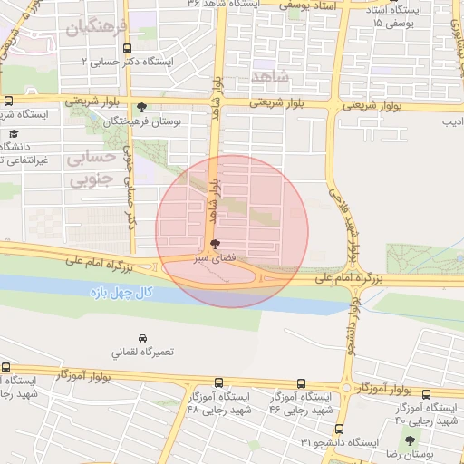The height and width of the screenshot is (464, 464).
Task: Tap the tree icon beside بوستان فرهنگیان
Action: tap(141, 106)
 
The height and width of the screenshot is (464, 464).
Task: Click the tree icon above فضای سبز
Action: tap(214, 244)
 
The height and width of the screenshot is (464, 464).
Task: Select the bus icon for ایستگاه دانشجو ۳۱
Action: tap(339, 429)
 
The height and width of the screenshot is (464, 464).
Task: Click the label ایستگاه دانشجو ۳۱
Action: tap(339, 443)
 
